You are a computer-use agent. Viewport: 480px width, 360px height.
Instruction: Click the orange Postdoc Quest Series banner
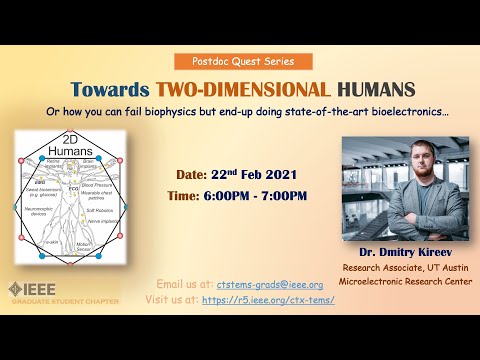tap(240, 62)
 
